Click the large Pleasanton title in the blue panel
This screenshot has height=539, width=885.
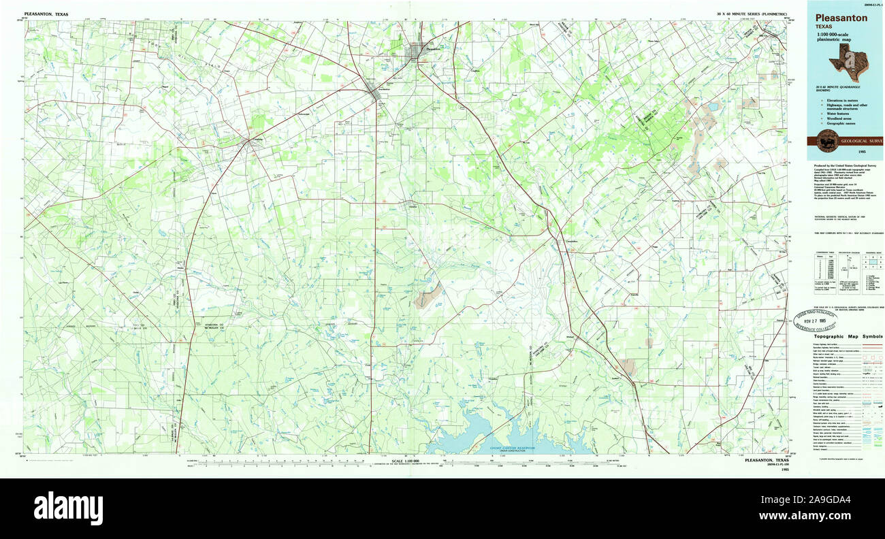842,18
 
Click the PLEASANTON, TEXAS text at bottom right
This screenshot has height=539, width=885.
767,460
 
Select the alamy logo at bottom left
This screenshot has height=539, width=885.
68,508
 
